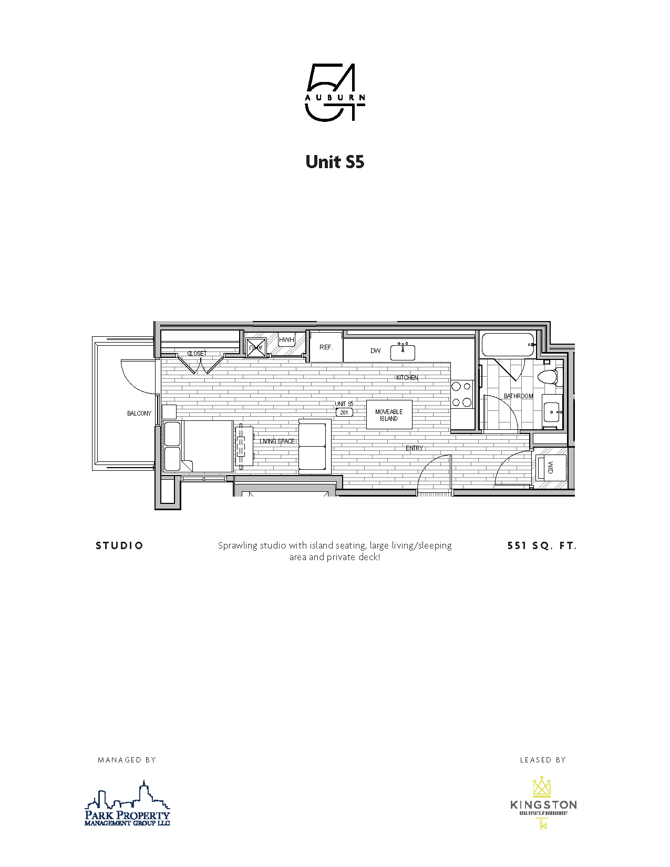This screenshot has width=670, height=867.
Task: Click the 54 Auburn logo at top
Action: (335, 92)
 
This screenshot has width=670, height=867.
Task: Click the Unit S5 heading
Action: (335, 161)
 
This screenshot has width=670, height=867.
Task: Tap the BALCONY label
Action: (139, 414)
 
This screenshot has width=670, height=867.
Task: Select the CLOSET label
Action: (197, 354)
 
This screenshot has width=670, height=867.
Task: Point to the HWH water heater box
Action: (286, 340)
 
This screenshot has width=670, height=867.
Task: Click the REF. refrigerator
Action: (326, 347)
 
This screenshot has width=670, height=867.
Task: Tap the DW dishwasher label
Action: (375, 351)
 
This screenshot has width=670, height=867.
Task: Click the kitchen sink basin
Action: (403, 352)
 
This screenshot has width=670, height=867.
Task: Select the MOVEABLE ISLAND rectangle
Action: (389, 415)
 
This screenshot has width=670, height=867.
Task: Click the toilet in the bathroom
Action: (549, 377)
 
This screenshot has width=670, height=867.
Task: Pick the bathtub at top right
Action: (507, 345)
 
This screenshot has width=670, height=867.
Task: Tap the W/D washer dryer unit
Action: (550, 467)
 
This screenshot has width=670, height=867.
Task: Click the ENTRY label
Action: (414, 448)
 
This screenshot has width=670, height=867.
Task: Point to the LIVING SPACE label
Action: (277, 441)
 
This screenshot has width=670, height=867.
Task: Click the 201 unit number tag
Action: (344, 412)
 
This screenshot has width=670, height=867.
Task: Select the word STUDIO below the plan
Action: (119, 546)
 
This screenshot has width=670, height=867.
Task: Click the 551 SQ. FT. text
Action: (542, 546)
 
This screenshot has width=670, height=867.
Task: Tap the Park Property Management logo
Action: (128, 804)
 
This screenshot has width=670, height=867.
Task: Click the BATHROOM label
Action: (518, 396)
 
